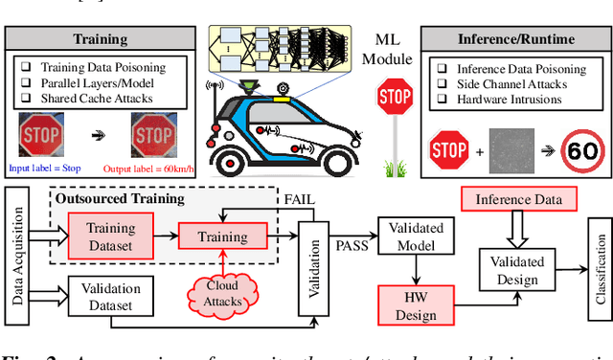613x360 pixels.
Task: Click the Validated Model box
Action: (x=411, y=236)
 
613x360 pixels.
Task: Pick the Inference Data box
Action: (x=519, y=199)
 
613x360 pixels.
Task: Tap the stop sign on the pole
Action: (x=394, y=98)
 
